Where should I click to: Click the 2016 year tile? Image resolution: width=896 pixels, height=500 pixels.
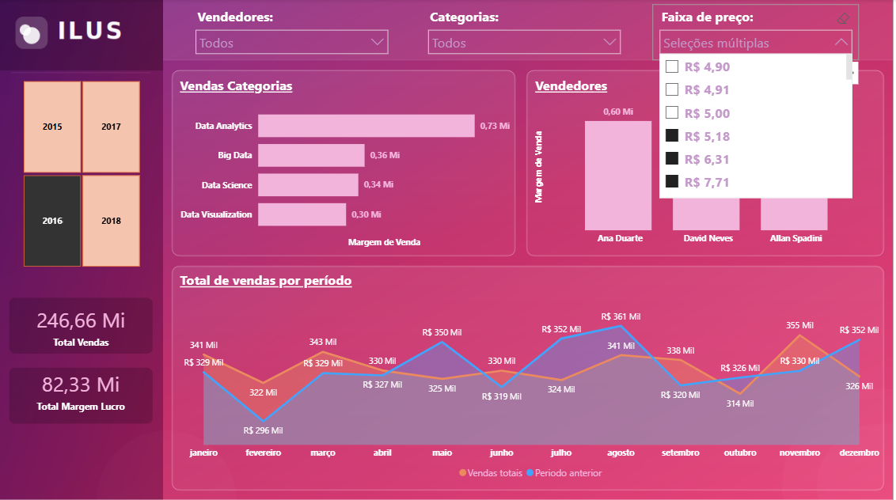point(52,221)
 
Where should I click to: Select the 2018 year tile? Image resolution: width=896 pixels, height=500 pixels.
point(111,221)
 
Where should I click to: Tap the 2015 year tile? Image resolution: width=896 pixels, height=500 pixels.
point(52,127)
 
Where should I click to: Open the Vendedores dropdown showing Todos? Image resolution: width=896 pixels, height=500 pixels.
point(291,42)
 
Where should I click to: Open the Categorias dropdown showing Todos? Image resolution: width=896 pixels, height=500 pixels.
point(524,42)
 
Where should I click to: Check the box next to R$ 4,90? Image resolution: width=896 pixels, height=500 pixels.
point(672,66)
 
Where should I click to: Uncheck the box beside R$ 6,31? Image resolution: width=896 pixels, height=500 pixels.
point(672,158)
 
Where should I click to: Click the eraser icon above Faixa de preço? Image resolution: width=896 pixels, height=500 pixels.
point(843,18)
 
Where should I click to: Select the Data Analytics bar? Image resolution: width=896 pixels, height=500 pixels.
point(366,126)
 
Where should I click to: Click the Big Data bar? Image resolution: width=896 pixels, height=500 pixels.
point(311,155)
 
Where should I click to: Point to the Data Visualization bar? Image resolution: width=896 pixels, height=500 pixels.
point(302,214)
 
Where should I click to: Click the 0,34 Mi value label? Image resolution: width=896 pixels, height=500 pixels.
point(378,184)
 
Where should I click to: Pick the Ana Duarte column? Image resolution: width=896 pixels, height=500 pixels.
point(617,176)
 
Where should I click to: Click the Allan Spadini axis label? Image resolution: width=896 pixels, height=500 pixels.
point(796,238)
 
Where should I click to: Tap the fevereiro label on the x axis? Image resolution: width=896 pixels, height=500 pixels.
point(264,453)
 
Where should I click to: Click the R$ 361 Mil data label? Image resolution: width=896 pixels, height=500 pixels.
point(621,316)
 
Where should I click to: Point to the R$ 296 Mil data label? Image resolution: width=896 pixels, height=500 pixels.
point(263,430)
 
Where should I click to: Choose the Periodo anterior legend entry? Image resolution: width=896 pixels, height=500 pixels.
point(564,473)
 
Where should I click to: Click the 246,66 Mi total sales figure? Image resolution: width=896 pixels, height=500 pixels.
point(81,320)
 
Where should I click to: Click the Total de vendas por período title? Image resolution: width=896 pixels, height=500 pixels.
point(266,281)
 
